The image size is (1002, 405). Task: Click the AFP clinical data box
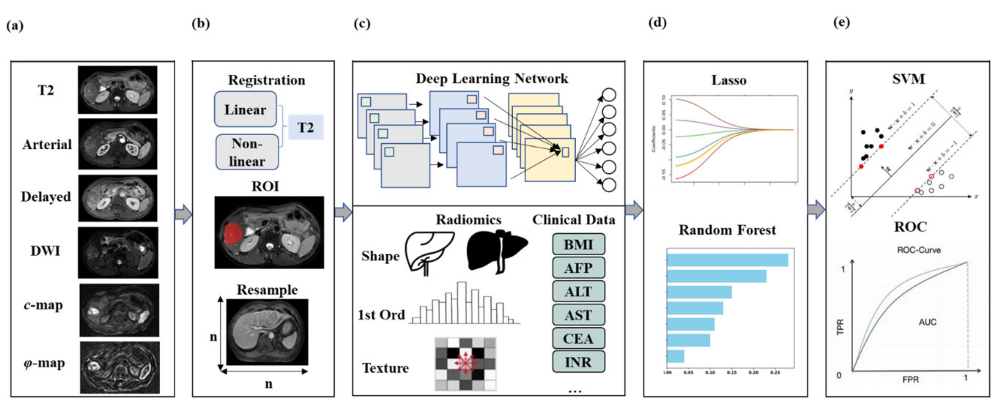(578, 268)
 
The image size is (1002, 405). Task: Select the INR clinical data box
(578, 362)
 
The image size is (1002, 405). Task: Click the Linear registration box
(245, 109)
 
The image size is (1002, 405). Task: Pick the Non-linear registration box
(247, 152)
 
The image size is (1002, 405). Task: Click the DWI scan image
(118, 252)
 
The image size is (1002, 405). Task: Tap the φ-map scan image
(120, 367)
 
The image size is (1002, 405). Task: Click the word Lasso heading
(729, 80)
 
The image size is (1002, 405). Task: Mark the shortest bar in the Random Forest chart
(676, 356)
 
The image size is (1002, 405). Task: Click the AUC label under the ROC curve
(927, 322)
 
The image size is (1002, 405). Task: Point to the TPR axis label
(840, 327)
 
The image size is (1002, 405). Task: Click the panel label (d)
(657, 23)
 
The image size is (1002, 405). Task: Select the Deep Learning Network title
(492, 79)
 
